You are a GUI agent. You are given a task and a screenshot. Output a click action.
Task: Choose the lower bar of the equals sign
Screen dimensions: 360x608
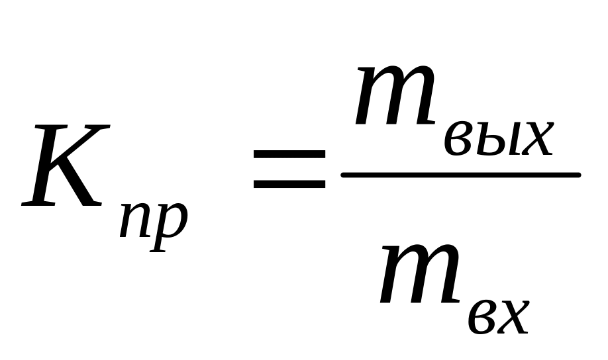pyautogui.click(x=289, y=183)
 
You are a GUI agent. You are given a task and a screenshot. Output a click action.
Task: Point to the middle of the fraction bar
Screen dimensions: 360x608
pyautogui.click(x=460, y=175)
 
